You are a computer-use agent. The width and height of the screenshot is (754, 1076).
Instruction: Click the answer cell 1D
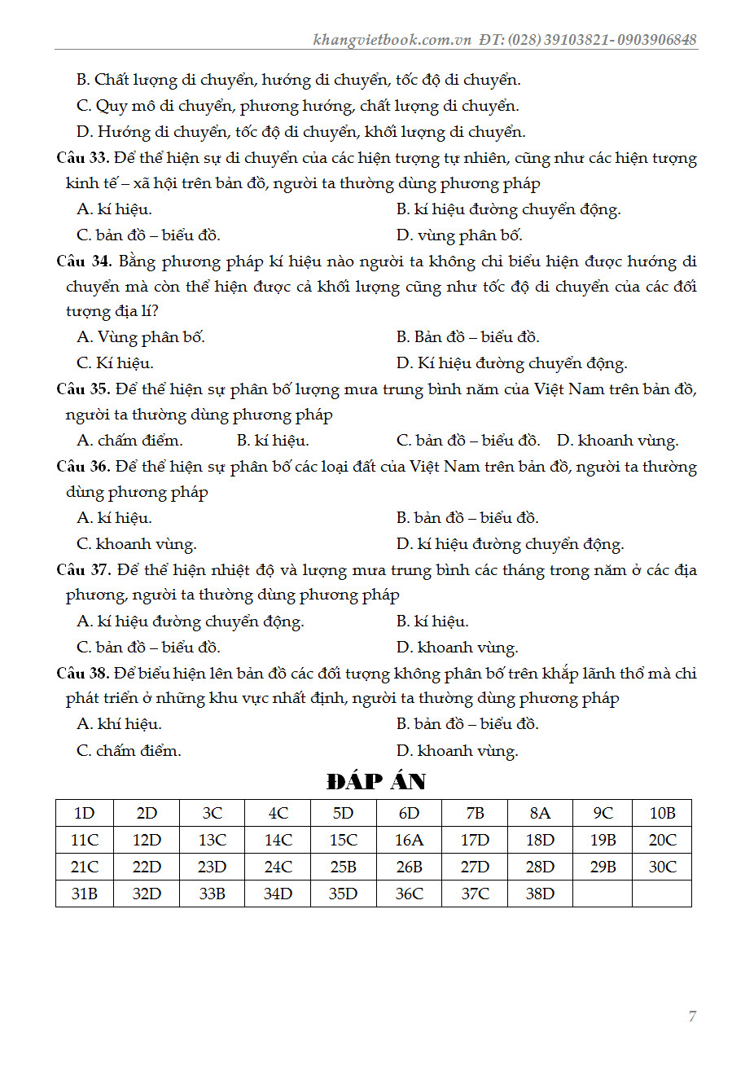point(84,813)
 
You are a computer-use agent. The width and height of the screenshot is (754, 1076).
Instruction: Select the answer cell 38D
point(540,894)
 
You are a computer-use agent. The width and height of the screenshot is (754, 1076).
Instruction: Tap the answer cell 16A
point(409,840)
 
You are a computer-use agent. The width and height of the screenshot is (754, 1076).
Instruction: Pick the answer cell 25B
point(343,867)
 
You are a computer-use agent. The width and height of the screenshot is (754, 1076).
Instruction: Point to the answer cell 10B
point(662,813)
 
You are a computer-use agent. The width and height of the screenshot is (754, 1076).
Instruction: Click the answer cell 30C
point(662,867)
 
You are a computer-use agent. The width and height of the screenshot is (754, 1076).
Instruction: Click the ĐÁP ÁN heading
point(376,781)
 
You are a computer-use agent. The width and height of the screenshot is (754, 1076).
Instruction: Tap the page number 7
point(692,1016)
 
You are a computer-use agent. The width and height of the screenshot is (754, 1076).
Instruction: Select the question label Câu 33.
point(83,157)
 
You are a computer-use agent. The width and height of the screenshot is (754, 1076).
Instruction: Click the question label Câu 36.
point(83,466)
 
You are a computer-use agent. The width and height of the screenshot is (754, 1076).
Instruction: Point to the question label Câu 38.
point(83,673)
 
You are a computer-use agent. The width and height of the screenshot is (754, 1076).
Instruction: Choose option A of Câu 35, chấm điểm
point(129,441)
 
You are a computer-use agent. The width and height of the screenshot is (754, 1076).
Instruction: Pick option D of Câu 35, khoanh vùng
point(617,441)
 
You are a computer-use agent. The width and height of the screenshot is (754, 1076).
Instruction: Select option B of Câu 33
point(508,209)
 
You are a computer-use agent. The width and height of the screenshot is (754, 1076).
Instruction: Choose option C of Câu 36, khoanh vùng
point(137,543)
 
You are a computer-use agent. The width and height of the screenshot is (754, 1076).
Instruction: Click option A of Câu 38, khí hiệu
point(119,723)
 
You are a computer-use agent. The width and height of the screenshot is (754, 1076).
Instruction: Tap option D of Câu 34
point(511,363)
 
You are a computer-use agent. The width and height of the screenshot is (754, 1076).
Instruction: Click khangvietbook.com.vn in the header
point(392,39)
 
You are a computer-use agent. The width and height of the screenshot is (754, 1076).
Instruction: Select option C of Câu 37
point(148,647)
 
